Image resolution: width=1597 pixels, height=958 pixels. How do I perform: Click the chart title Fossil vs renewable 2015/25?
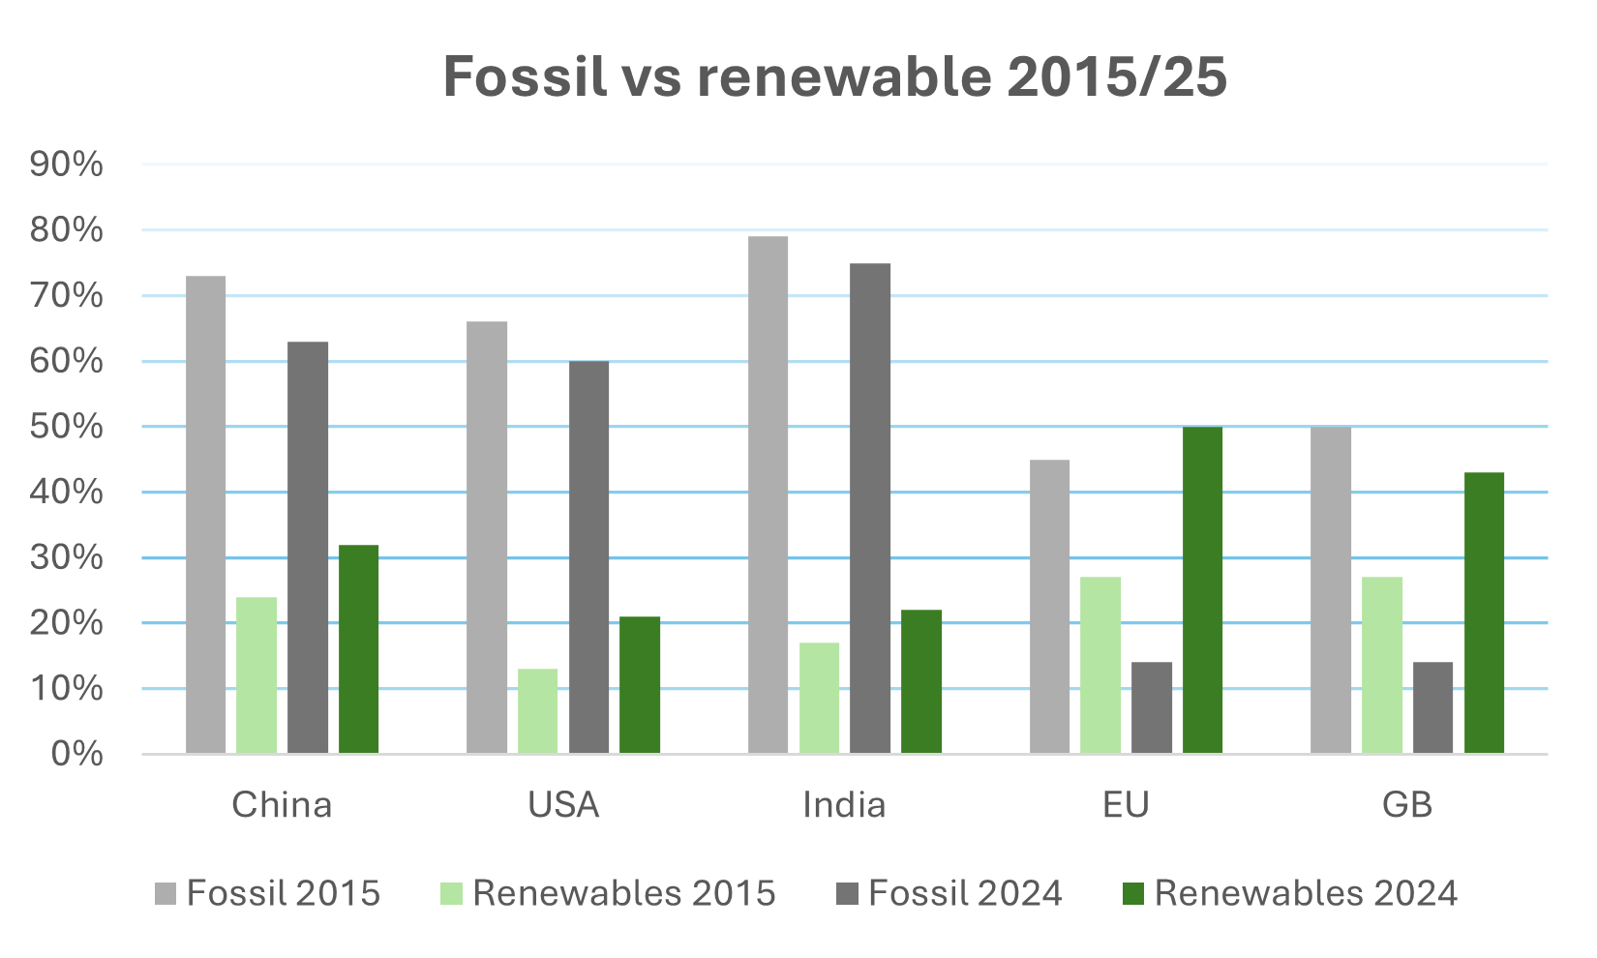pyautogui.click(x=834, y=77)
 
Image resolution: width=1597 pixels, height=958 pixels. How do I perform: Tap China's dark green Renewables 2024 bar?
pyautogui.click(x=358, y=649)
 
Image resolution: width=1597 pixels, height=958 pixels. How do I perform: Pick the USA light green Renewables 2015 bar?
pyautogui.click(x=537, y=711)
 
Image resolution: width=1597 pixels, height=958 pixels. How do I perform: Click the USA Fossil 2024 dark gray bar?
pyautogui.click(x=588, y=557)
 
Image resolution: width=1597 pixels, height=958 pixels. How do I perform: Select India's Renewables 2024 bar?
pyautogui.click(x=920, y=681)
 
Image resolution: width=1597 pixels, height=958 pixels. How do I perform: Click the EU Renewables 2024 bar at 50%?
pyautogui.click(x=1202, y=590)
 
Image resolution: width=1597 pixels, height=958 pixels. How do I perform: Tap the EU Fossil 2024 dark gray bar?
pyautogui.click(x=1151, y=707)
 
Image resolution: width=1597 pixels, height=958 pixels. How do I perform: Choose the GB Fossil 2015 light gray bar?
pyautogui.click(x=1330, y=590)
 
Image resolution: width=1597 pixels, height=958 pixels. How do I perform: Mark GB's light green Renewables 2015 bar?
pyautogui.click(x=1381, y=666)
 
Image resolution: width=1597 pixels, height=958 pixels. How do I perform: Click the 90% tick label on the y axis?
pyautogui.click(x=67, y=165)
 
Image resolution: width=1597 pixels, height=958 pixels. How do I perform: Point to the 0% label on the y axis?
pyautogui.click(x=76, y=754)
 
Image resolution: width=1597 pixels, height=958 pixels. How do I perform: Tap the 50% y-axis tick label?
pyautogui.click(x=67, y=427)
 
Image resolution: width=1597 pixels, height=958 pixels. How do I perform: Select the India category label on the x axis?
pyautogui.click(x=844, y=805)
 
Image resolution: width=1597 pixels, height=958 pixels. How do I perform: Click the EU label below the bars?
pyautogui.click(x=1126, y=805)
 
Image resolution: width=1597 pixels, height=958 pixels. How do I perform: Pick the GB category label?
pyautogui.click(x=1407, y=805)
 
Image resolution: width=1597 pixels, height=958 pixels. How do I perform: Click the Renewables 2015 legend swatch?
pyautogui.click(x=451, y=893)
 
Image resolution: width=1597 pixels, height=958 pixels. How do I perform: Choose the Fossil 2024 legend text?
pyautogui.click(x=965, y=893)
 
